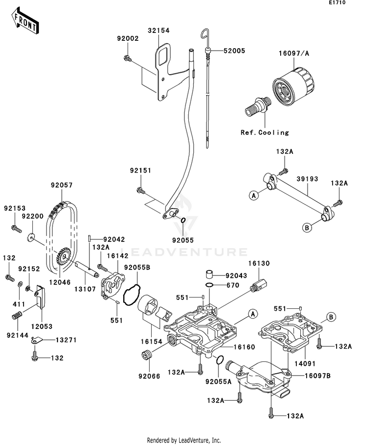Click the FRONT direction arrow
point(25,21)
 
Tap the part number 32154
point(158,30)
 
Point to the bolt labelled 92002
point(128,59)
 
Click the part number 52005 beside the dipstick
point(234,51)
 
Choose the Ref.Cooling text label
point(264,133)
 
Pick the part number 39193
point(307,179)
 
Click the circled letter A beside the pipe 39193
point(254,195)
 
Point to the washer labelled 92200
point(31,237)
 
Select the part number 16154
point(152,341)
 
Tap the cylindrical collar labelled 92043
point(210,274)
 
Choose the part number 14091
point(305,363)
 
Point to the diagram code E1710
point(337,2)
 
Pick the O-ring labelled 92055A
point(219,360)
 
